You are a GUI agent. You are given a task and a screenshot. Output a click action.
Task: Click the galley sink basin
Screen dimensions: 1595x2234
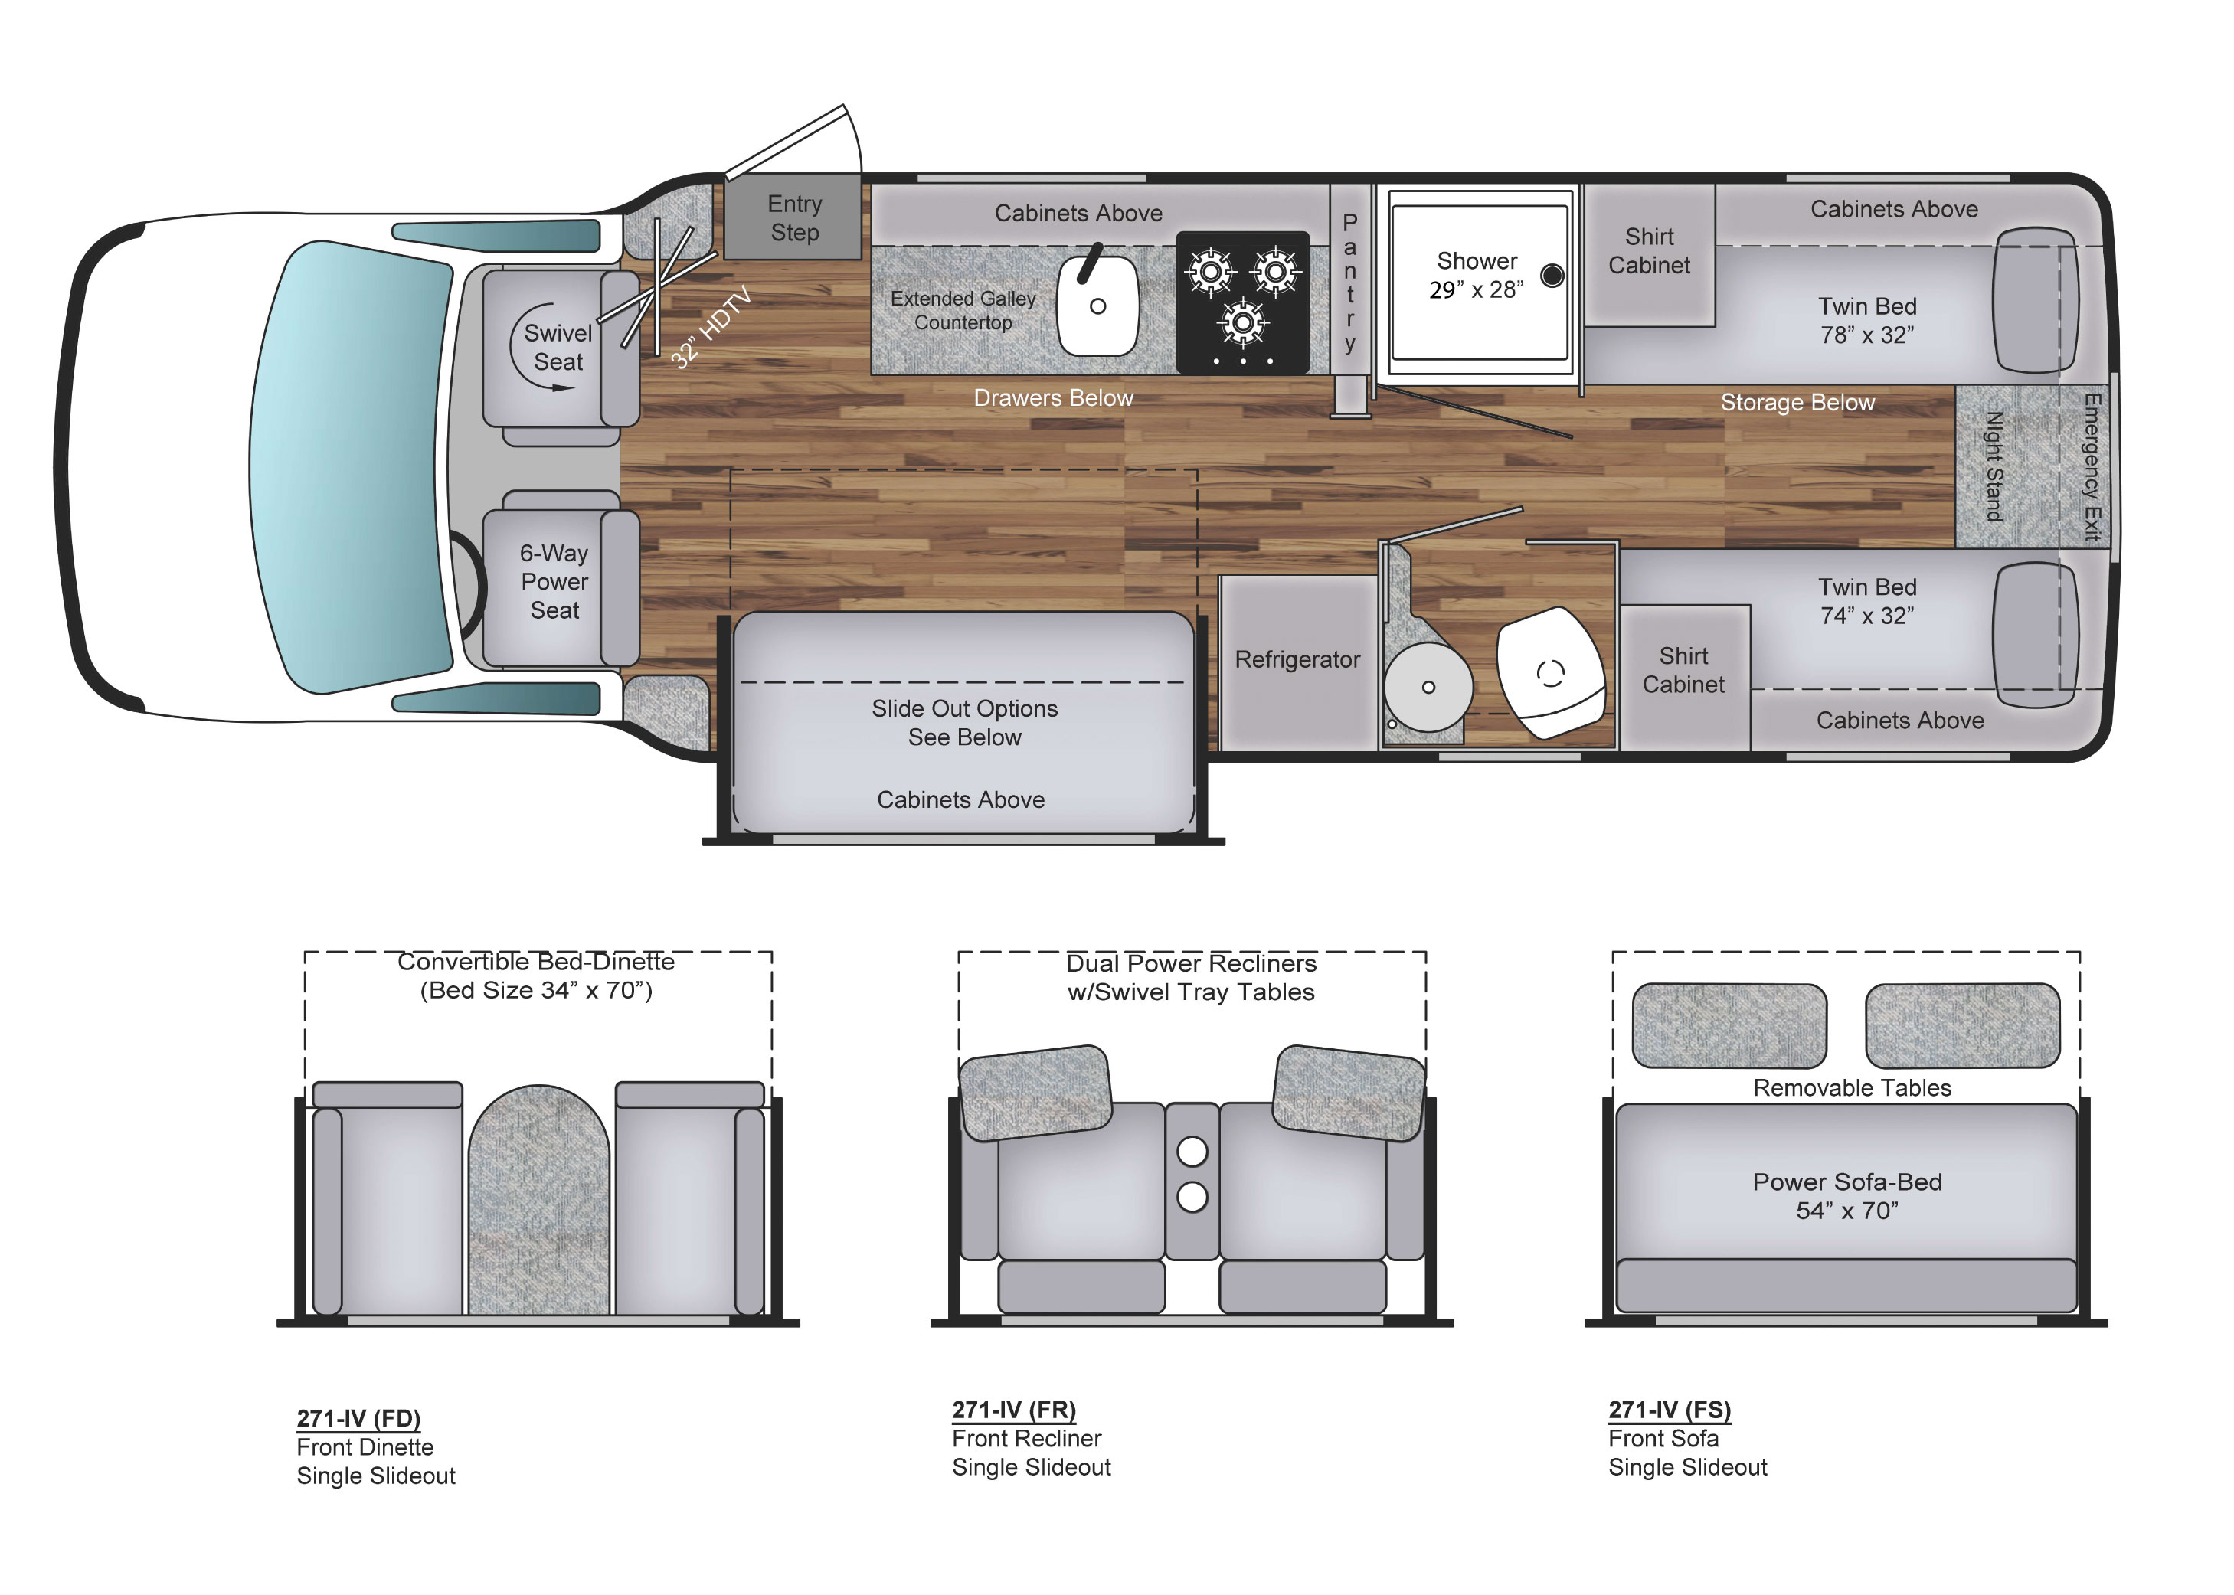(x=1097, y=306)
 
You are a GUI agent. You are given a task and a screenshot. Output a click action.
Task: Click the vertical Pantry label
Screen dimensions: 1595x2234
(x=1350, y=282)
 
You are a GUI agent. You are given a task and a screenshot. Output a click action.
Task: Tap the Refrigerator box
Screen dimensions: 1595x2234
(x=1297, y=660)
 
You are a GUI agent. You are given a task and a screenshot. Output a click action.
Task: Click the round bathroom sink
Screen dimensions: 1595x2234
(x=1428, y=687)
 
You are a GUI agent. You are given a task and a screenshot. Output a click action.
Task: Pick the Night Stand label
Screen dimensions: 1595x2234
(x=1994, y=466)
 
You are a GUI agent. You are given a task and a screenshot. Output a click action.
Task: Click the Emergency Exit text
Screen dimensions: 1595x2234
(x=2092, y=466)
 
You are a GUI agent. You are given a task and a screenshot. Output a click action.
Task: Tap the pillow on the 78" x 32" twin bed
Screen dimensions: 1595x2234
(x=2035, y=299)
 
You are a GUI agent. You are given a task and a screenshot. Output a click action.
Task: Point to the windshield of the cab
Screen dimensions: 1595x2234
(x=354, y=466)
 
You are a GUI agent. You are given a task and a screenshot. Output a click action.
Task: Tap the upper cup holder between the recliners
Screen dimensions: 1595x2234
(x=1192, y=1150)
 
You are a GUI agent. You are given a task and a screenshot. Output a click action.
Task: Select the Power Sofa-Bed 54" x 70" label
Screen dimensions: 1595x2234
(x=1847, y=1195)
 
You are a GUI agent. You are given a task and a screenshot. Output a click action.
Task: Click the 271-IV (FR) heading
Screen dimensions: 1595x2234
(x=1014, y=1410)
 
